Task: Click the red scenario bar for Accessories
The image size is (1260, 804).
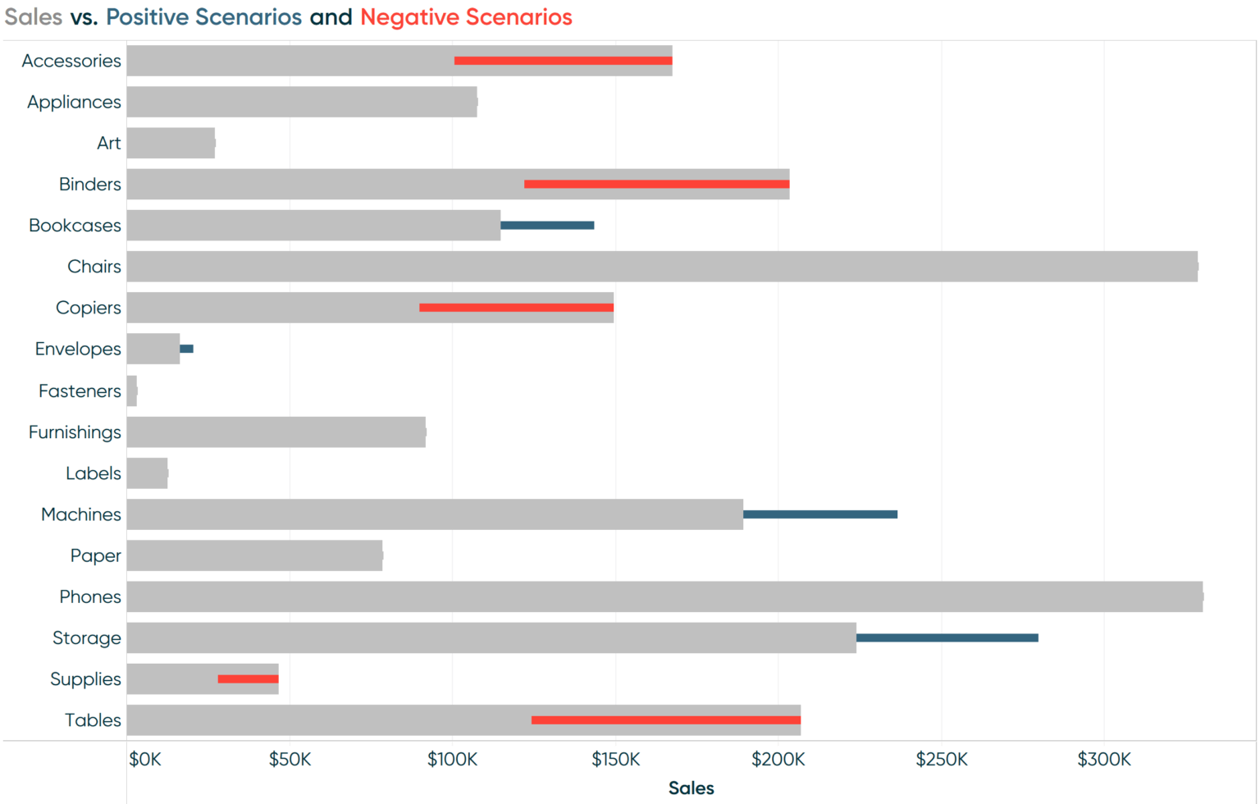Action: pos(563,61)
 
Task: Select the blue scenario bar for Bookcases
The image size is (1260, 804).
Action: pos(547,226)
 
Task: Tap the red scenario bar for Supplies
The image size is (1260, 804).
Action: pos(248,679)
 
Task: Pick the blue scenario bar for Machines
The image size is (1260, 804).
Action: pos(820,514)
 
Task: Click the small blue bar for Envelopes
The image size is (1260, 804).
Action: pos(187,349)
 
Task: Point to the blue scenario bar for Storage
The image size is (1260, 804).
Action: pos(947,637)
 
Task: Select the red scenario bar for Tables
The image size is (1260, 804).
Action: pos(666,720)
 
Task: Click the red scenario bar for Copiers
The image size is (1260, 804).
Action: pos(516,308)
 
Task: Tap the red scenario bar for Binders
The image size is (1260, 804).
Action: pos(656,184)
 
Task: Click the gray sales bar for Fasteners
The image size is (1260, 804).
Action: pos(132,391)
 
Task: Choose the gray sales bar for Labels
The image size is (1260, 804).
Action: pos(148,473)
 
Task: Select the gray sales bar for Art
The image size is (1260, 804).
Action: pos(171,143)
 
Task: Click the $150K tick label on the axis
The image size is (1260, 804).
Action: pos(615,760)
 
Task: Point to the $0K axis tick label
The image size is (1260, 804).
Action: pos(145,760)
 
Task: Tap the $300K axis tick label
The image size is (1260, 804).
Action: pos(1104,760)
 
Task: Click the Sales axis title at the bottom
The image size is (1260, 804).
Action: pos(691,788)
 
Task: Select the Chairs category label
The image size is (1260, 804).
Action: pos(94,267)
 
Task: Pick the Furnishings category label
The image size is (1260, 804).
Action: pos(75,432)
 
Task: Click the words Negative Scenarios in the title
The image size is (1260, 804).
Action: pos(466,17)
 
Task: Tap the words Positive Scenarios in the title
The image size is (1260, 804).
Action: pos(203,17)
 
